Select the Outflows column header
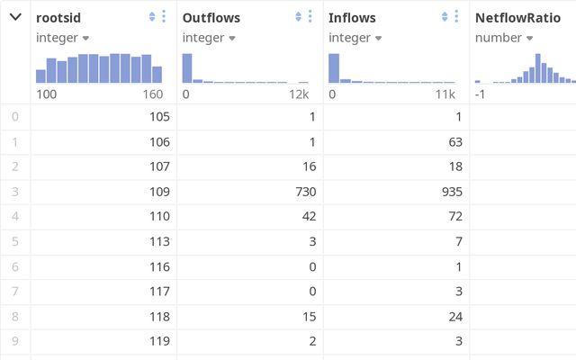click(x=211, y=17)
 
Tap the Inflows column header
click(x=353, y=17)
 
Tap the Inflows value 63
click(x=454, y=141)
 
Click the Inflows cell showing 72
click(x=454, y=216)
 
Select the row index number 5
click(x=14, y=241)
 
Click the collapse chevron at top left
click(x=15, y=17)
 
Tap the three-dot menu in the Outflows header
click(x=310, y=17)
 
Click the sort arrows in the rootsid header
click(x=152, y=17)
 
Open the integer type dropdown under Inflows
click(x=355, y=38)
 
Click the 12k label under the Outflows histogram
click(x=299, y=94)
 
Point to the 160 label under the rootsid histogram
click(x=152, y=94)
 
